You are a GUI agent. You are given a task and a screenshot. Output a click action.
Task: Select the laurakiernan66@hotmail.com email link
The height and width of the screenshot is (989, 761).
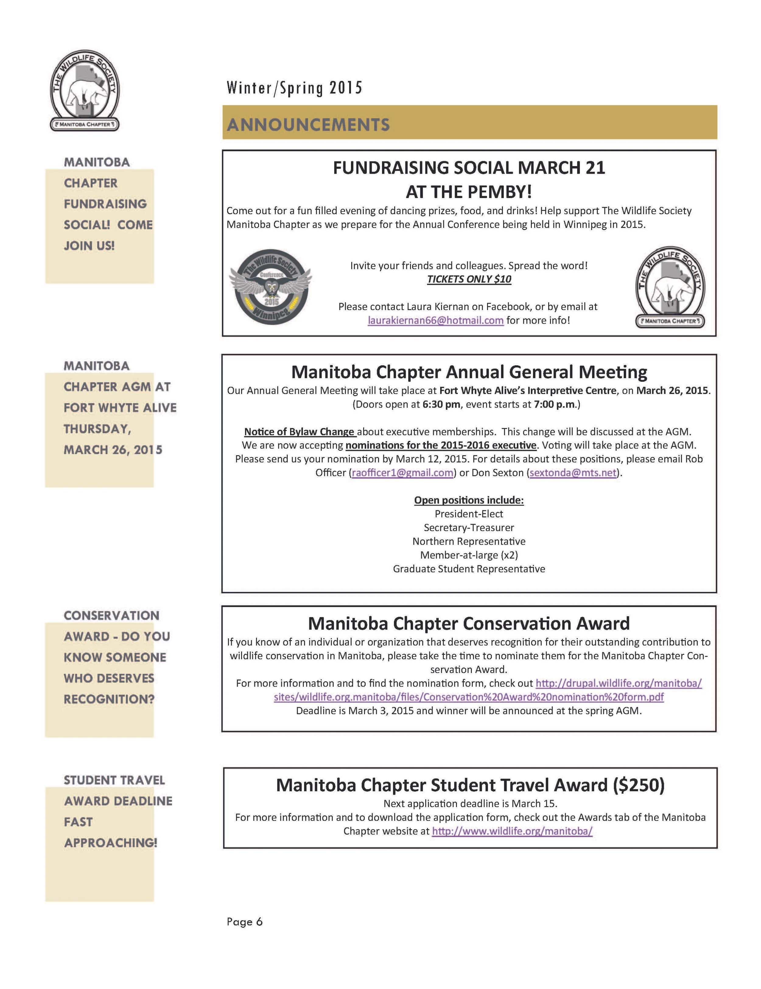tap(435, 320)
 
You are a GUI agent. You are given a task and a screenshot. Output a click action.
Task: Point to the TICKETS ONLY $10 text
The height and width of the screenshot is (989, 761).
tap(469, 279)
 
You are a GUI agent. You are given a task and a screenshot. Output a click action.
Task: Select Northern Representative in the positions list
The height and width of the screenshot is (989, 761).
tap(469, 541)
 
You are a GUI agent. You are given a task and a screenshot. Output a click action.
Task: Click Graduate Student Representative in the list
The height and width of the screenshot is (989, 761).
tap(469, 569)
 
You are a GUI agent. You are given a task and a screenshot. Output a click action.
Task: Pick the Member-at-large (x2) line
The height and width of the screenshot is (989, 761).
tap(469, 555)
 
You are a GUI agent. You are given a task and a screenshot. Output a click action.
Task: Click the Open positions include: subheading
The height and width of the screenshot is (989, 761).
tap(469, 500)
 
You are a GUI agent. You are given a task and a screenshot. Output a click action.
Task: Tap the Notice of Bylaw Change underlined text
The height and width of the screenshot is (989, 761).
tap(299, 431)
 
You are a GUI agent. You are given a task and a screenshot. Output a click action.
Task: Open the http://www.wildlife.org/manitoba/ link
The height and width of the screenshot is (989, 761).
tap(512, 831)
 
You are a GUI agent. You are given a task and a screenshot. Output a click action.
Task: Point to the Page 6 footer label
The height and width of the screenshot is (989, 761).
tap(244, 922)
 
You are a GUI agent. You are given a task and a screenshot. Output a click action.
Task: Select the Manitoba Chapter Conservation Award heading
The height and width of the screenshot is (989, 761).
tap(469, 624)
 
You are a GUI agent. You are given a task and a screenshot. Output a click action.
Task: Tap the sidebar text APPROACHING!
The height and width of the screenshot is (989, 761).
tap(110, 843)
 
